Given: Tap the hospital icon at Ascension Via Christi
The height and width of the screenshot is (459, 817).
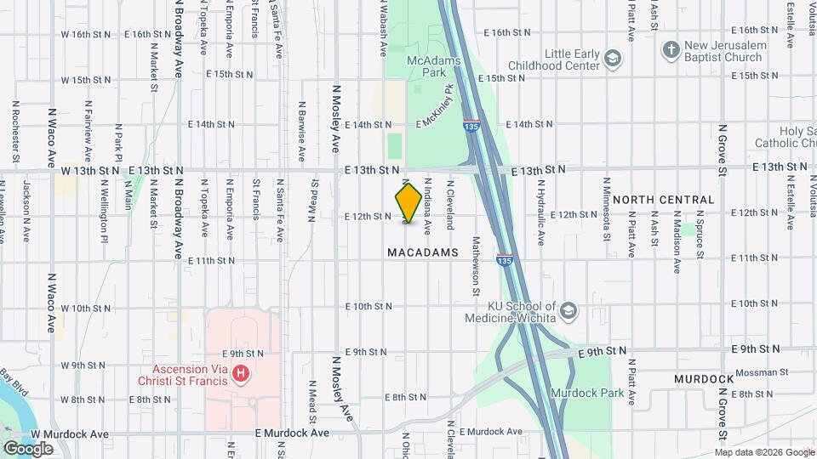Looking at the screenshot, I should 242,373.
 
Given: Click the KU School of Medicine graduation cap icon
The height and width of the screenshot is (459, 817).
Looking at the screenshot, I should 568,312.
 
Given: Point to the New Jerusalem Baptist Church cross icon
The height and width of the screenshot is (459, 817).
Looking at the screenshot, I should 670,49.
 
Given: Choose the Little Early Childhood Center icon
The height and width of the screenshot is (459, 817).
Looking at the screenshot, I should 614,58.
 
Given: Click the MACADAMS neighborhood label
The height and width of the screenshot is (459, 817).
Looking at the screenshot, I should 423,252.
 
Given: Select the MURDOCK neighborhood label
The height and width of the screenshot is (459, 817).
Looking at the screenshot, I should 704,377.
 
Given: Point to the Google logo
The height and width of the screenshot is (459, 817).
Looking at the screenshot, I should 29,448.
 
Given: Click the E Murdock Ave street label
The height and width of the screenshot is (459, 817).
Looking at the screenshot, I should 292,433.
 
